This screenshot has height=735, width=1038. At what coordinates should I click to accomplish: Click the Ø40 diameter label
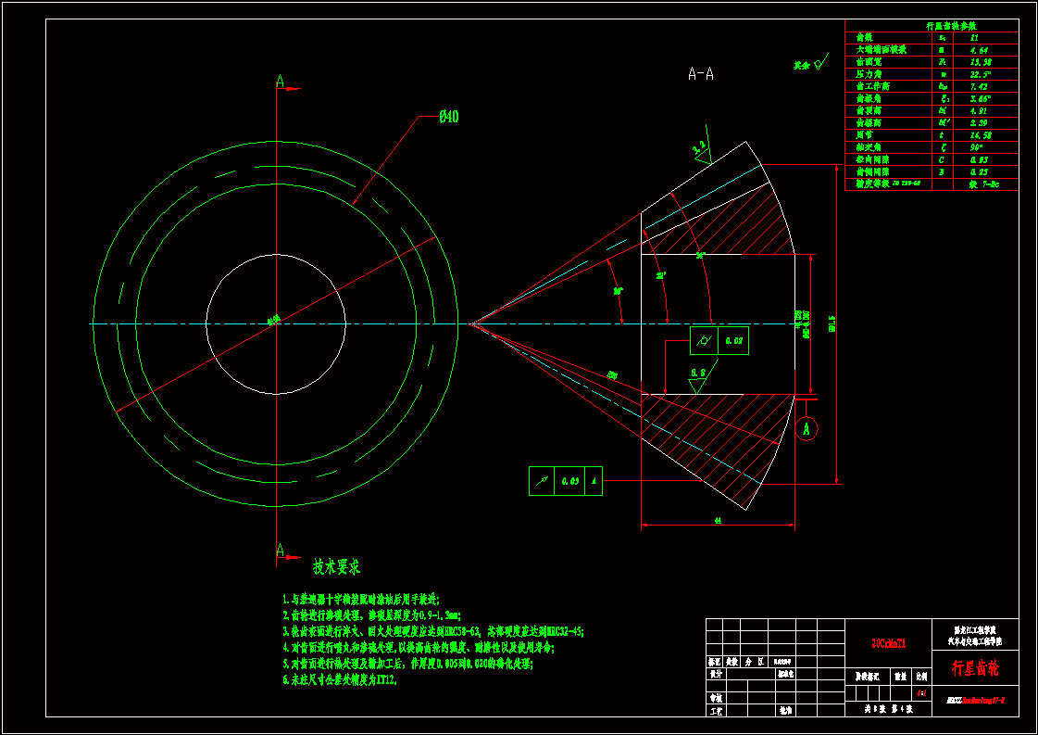tap(448, 117)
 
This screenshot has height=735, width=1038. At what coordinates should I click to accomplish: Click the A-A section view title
tap(700, 74)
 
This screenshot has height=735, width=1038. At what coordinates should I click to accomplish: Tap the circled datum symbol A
tap(807, 429)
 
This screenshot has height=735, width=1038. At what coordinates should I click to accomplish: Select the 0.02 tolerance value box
tap(734, 341)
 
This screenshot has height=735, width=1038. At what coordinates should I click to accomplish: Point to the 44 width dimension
tap(718, 522)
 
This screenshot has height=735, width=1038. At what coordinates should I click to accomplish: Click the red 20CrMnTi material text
tap(887, 641)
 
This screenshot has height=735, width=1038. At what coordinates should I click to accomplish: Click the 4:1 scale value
tap(920, 692)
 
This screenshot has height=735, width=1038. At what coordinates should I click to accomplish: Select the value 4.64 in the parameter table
tap(980, 50)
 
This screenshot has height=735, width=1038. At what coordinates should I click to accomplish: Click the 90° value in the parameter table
tap(980, 146)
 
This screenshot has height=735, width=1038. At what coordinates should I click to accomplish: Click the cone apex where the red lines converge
tap(471, 324)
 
